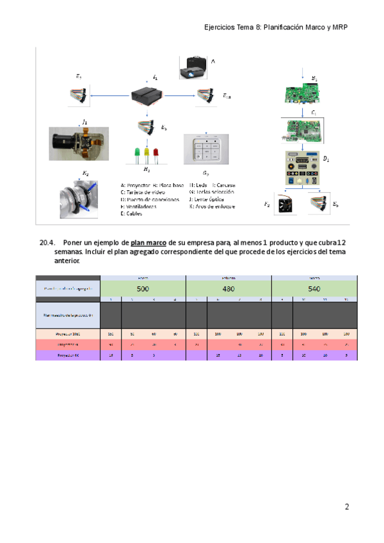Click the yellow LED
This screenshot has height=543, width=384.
click(147, 155)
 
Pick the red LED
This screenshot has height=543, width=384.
click(156, 155)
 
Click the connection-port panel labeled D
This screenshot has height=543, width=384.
click(302, 167)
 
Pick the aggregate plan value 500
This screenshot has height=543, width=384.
click(143, 289)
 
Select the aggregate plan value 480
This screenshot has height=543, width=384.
click(228, 289)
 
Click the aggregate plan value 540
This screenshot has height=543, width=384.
click(314, 289)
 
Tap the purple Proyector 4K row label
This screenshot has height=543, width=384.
click(68, 354)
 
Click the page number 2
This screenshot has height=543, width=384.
click(347, 508)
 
